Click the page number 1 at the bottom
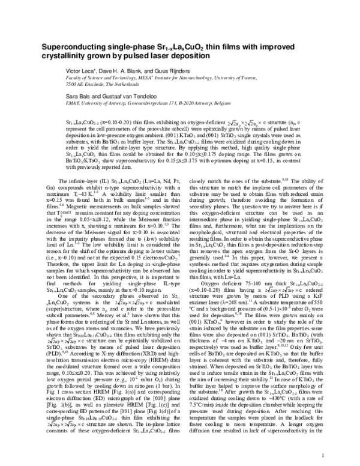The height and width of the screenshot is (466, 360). (x=323, y=455)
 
